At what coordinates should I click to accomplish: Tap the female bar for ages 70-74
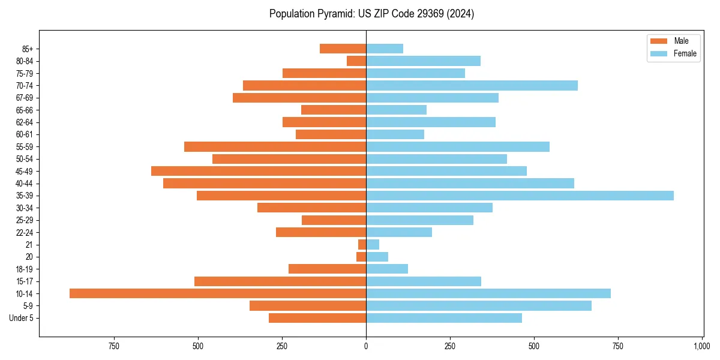[x=472, y=85]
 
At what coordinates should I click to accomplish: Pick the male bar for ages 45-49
[x=259, y=171]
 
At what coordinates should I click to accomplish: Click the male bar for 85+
[x=343, y=49]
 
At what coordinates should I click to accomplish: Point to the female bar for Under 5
[x=444, y=318]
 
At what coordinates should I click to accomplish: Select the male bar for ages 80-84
[x=356, y=61]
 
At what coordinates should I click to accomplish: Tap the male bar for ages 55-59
[x=275, y=146]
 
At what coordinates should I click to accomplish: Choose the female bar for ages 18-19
[x=387, y=269]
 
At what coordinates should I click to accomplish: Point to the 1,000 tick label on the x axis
[x=701, y=346]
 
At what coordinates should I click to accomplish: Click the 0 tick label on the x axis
[x=366, y=346]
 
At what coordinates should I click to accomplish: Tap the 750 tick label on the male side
[x=114, y=346]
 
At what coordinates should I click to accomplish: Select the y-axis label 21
[x=29, y=245]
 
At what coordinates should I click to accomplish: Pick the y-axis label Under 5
[x=21, y=318]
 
